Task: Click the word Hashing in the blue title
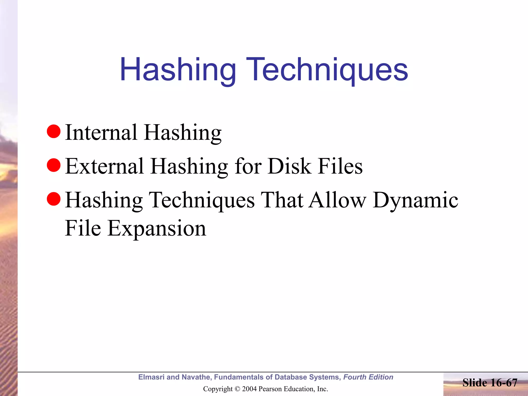[x=178, y=70]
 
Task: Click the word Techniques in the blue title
[x=327, y=70]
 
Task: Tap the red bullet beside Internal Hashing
[x=54, y=131]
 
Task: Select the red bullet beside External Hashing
[x=54, y=165]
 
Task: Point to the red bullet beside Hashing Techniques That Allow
[x=54, y=199]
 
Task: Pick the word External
[x=104, y=166]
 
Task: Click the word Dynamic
[x=415, y=201]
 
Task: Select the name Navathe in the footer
[x=196, y=377]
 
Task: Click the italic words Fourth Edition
[x=368, y=377]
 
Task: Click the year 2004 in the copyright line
[x=249, y=389]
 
